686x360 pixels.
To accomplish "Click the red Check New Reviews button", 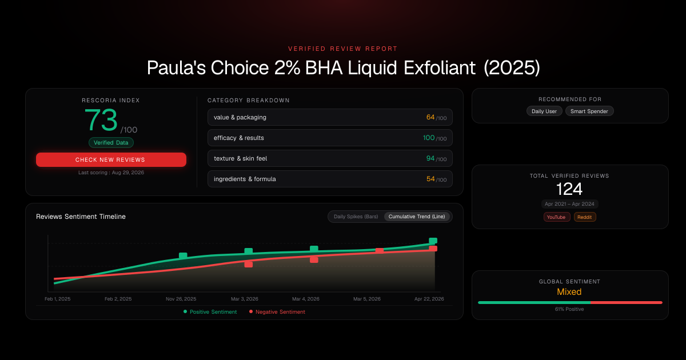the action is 111,159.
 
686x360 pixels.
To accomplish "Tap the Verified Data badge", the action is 111,143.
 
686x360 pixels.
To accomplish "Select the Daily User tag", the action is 544,111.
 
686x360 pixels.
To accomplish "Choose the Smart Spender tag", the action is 589,111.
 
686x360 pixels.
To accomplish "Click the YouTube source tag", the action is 556,217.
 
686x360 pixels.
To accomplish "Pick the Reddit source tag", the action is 585,217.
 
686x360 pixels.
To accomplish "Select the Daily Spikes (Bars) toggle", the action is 356,217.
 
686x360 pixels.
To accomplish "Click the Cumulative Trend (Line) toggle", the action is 417,217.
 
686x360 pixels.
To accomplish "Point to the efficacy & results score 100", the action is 429,138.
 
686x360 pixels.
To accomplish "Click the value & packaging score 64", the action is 430,117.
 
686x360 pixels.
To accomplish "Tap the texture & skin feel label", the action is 241,158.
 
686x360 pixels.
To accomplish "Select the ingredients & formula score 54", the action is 430,179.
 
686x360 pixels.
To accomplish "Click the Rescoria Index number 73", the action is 101,119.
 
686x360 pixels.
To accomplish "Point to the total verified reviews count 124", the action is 569,189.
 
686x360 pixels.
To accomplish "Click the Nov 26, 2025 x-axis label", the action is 181,299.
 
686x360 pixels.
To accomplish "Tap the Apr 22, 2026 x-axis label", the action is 429,299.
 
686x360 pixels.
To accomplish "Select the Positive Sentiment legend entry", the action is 210,311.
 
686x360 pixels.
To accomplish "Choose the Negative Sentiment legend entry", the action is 277,311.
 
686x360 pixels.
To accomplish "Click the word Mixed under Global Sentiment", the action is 569,292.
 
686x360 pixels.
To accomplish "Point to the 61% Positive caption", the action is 569,309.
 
